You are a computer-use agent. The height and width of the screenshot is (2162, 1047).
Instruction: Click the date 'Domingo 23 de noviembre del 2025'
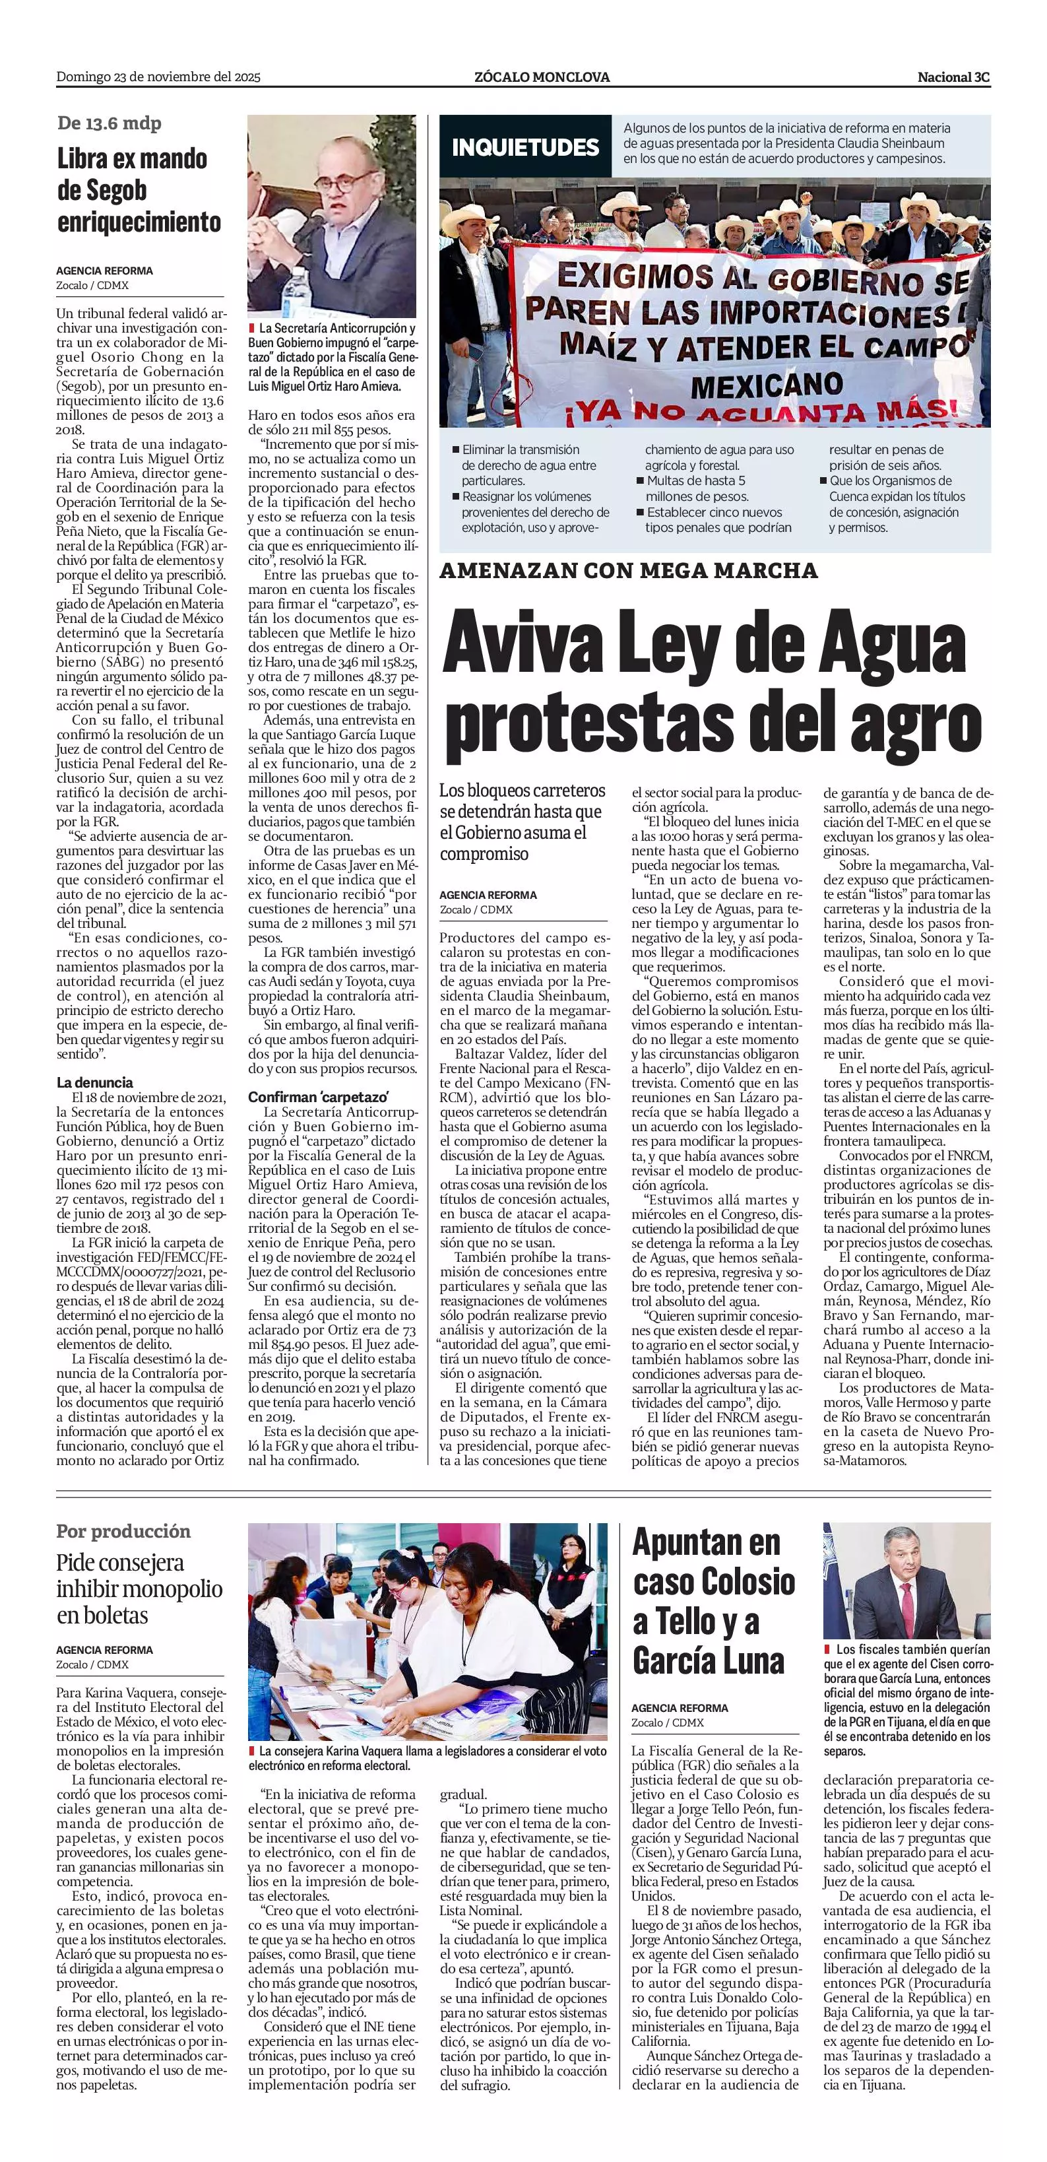pyautogui.click(x=158, y=77)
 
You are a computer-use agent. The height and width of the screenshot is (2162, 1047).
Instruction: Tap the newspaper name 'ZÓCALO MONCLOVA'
pyautogui.click(x=541, y=77)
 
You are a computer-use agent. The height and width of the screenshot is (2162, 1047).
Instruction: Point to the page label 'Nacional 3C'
pyautogui.click(x=953, y=77)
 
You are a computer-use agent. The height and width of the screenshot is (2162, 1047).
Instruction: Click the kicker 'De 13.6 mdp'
pyautogui.click(x=109, y=123)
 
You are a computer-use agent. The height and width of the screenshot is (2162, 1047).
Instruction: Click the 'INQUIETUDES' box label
pyautogui.click(x=525, y=148)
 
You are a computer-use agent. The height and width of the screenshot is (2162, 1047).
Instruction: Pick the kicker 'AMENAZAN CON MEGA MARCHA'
pyautogui.click(x=628, y=571)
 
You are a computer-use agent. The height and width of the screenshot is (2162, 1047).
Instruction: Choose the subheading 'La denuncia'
pyautogui.click(x=95, y=1083)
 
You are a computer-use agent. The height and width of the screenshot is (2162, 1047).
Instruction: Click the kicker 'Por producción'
pyautogui.click(x=123, y=1531)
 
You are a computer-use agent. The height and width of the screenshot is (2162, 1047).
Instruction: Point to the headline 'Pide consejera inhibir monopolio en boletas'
pyautogui.click(x=139, y=1589)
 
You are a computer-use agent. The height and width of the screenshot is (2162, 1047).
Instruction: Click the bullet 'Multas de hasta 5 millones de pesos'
pyautogui.click(x=695, y=488)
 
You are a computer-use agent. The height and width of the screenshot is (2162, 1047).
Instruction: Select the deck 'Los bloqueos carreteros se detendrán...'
pyautogui.click(x=522, y=822)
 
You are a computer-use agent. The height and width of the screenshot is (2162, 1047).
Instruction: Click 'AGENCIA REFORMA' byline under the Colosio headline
pyautogui.click(x=680, y=1708)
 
